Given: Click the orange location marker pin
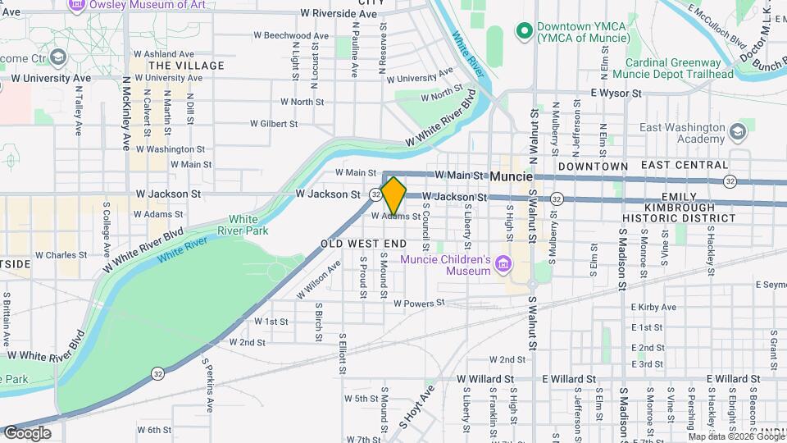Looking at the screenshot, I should tap(394, 195).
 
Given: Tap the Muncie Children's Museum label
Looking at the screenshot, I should tap(445, 266).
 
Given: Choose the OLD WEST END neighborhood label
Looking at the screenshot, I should tap(363, 244).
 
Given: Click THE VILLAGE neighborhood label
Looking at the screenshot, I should tap(187, 66).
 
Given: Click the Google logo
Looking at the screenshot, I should tap(27, 432).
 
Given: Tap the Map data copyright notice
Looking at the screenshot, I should tap(724, 436).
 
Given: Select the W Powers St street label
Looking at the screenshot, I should tap(419, 303).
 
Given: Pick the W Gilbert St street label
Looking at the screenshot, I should tap(274, 124).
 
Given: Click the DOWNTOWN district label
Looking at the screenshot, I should tap(593, 167).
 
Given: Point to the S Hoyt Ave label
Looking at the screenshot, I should tap(416, 407).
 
